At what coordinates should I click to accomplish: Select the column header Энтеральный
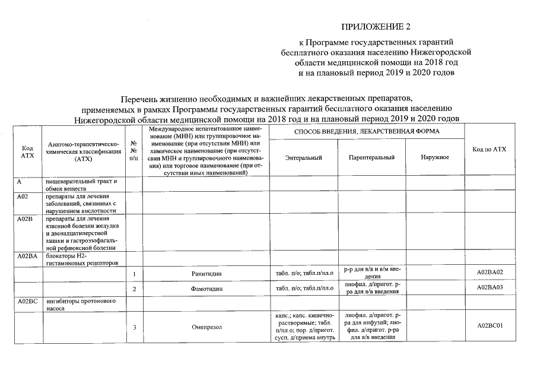(x=303, y=157)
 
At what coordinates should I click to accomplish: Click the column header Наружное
(x=434, y=157)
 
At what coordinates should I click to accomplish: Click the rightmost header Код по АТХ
(x=490, y=149)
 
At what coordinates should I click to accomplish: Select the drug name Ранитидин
(x=207, y=274)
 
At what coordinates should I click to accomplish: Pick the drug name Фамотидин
(x=207, y=289)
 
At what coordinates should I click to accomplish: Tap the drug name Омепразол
(x=207, y=327)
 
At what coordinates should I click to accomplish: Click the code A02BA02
(x=490, y=273)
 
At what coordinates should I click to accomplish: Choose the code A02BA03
(x=490, y=288)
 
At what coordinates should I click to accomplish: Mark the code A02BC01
(x=490, y=326)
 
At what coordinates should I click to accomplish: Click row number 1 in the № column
(x=135, y=274)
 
